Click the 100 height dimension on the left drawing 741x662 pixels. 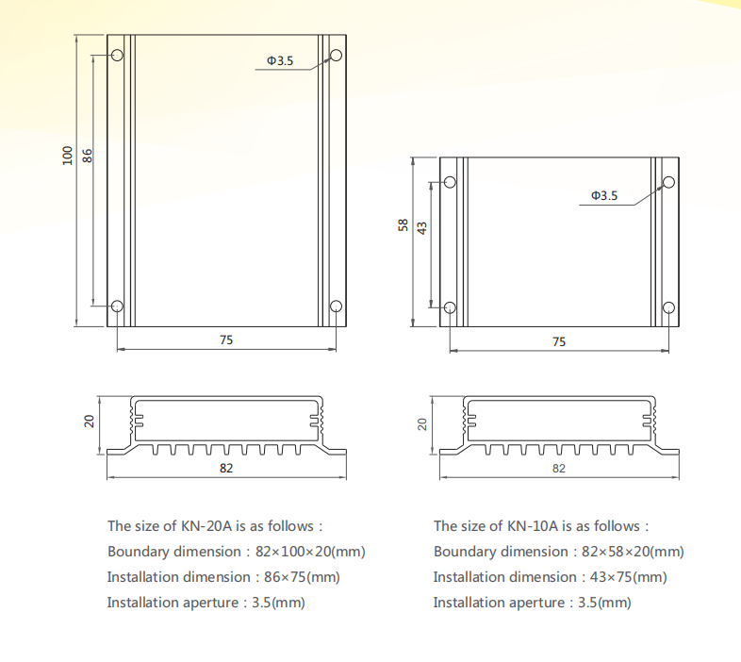(68, 156)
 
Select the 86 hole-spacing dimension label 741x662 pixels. (88, 156)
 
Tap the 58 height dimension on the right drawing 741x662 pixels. (403, 224)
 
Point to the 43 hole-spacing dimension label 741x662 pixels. (422, 228)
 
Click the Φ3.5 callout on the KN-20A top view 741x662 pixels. (280, 60)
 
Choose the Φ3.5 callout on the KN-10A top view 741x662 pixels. (604, 195)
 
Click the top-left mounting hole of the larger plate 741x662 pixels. (117, 56)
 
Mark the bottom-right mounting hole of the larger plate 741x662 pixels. (336, 306)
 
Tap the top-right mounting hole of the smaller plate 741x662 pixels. (668, 182)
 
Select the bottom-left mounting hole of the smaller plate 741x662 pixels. (450, 307)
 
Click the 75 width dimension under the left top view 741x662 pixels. (226, 340)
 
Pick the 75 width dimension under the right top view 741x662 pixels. (559, 342)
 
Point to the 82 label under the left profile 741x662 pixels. (226, 468)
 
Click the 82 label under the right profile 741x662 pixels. (559, 468)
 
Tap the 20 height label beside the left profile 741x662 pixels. (89, 421)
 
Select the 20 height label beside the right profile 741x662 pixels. (422, 424)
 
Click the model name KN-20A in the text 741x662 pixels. (206, 526)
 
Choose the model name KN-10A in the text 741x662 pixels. (533, 526)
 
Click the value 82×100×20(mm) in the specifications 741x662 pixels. (310, 552)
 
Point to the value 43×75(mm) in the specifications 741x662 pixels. (628, 577)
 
